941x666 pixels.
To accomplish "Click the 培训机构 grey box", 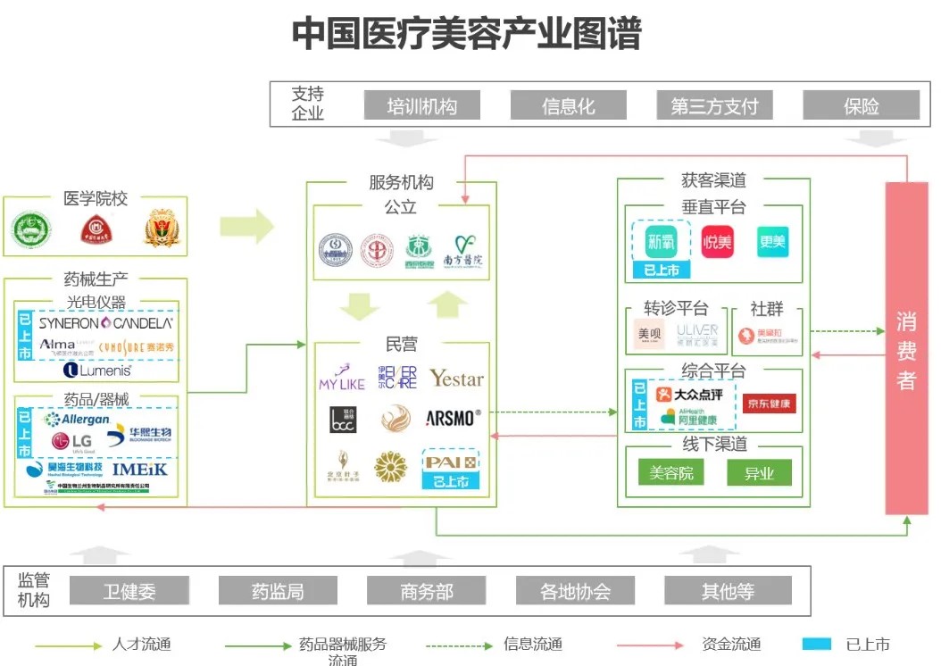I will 421,105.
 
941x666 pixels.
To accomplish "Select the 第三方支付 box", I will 714,105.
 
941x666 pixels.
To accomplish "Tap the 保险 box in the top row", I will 861,105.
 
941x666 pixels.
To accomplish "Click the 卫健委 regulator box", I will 129,591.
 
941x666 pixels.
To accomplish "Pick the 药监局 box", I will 278,591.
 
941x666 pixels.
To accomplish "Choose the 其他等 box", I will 728,591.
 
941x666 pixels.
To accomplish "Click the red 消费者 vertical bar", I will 906,348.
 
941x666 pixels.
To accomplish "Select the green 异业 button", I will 759,472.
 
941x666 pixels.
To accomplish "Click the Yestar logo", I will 456,379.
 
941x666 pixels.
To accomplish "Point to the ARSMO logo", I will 453,418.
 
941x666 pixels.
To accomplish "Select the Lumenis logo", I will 97,370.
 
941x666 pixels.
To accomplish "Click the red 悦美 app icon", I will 717,242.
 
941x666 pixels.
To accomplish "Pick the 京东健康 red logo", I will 768,404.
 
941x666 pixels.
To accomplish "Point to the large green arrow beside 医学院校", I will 246,227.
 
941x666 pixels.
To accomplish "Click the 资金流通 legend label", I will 731,645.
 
